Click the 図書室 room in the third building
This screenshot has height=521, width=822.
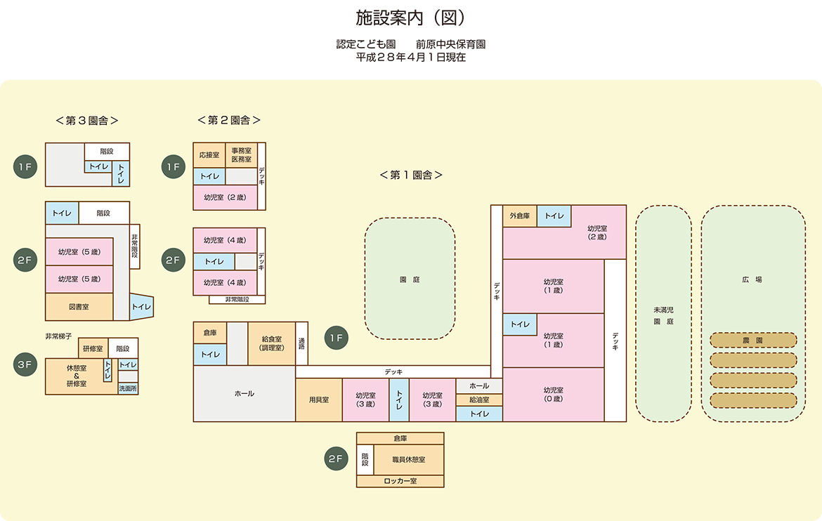79,307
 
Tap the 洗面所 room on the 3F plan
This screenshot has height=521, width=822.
128,388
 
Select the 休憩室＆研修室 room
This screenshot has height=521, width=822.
77,376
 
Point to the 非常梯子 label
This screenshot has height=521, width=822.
59,336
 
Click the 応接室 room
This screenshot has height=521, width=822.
209,155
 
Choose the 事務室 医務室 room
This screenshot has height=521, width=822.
242,155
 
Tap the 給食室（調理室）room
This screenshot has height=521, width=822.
272,343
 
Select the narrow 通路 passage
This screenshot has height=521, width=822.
302,343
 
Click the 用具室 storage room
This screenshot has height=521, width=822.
319,400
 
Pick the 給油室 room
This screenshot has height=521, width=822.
479,400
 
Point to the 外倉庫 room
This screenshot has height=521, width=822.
520,216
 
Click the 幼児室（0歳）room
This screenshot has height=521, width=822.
554,395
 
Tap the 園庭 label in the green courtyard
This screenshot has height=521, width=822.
410,280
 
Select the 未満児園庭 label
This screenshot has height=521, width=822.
664,315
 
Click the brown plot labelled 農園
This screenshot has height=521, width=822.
753,340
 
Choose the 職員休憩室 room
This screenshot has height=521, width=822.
409,460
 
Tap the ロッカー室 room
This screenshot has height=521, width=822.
400,481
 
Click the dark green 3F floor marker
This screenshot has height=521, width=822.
25,365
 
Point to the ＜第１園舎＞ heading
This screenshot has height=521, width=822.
411,175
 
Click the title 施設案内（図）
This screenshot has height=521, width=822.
410,18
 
